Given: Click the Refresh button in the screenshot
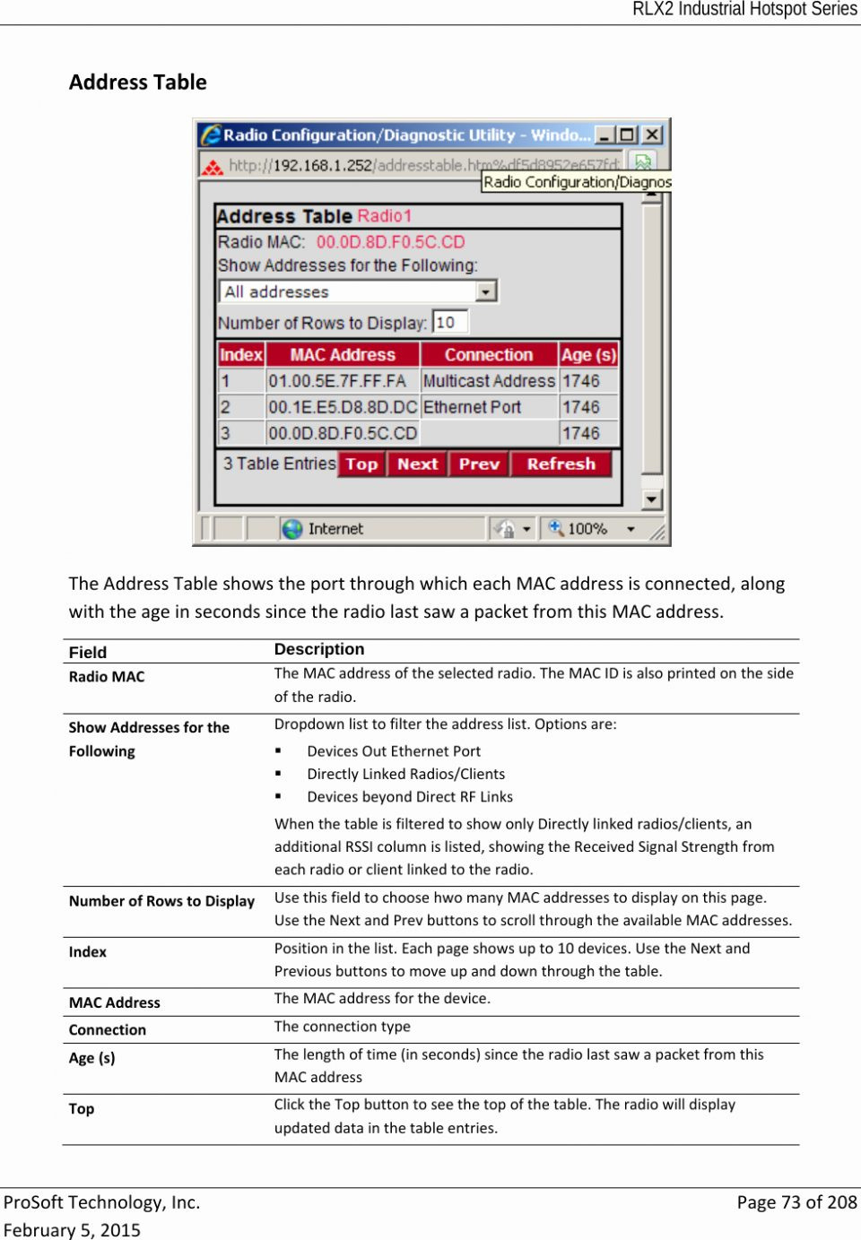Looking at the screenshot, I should [561, 464].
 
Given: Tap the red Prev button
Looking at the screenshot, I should [479, 464].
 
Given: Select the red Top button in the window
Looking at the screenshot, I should [361, 464].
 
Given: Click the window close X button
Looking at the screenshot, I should [652, 134].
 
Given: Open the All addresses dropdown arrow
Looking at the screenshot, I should [486, 291].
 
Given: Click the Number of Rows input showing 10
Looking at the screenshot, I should [450, 322].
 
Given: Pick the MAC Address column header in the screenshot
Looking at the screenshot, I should [343, 354].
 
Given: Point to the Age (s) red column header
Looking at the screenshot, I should [588, 354].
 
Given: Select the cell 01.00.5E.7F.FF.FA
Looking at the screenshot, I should [337, 381].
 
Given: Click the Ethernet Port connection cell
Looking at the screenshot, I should [472, 407].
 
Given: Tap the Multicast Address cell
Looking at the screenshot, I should [489, 381].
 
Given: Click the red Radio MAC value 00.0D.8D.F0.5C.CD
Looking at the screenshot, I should [390, 242].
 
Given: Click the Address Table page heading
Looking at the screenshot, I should [138, 82].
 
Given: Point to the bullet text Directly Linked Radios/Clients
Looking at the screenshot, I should [405, 774].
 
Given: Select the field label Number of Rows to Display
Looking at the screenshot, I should [161, 901].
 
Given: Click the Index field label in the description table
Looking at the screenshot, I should [88, 952].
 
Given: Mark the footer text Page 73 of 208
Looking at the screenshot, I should [796, 1202].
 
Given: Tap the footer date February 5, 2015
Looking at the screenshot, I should [72, 1230].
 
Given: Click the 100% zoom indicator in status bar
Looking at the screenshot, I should [587, 529].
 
